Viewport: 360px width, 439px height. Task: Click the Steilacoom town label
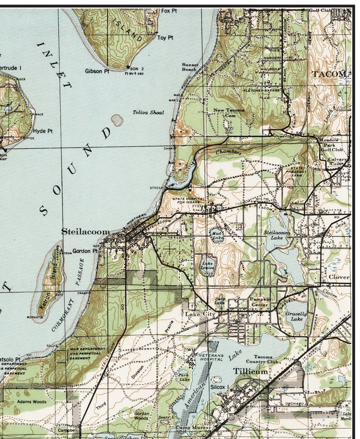[x=85, y=232]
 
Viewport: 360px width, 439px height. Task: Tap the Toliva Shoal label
[x=148, y=112]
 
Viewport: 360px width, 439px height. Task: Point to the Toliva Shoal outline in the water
[x=117, y=120]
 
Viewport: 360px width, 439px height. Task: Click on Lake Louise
[x=207, y=265]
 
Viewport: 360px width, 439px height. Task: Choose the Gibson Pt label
[x=97, y=71]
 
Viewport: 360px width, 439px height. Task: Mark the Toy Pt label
[x=165, y=38]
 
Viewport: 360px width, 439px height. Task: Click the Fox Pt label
[x=169, y=11]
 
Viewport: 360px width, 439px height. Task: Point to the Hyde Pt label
[x=43, y=131]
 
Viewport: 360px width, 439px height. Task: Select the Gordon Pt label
[x=85, y=251]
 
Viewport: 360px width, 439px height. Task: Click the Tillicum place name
[x=250, y=372]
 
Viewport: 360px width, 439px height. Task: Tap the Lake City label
[x=200, y=314]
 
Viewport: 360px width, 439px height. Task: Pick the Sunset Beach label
[x=190, y=67]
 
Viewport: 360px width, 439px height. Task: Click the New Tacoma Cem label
[x=229, y=113]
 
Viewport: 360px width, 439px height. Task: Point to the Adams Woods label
[x=32, y=402]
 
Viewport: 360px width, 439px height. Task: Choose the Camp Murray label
[x=193, y=428]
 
